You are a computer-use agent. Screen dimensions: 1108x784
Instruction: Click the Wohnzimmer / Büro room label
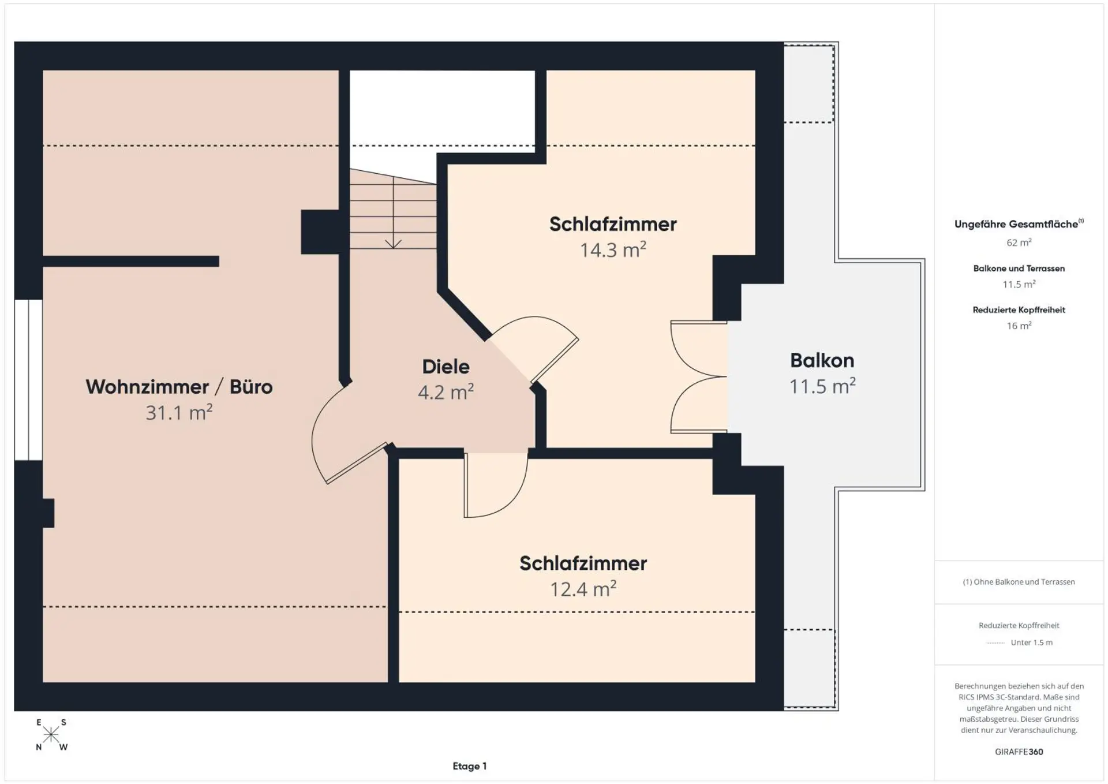[x=179, y=387]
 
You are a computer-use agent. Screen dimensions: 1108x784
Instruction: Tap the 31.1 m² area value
[x=179, y=412]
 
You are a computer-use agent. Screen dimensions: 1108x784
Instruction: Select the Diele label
[x=446, y=367]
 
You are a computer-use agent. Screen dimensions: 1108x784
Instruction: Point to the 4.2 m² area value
[x=446, y=392]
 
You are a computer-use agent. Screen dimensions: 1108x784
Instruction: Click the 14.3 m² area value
[x=613, y=249]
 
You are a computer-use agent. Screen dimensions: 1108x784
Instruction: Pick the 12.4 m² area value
[x=583, y=589]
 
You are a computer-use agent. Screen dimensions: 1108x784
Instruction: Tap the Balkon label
[x=822, y=360]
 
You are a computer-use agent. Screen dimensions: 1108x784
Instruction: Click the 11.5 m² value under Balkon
[x=822, y=386]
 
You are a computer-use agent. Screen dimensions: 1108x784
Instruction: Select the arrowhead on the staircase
[x=393, y=244]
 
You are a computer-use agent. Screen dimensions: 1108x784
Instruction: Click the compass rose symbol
[x=51, y=734]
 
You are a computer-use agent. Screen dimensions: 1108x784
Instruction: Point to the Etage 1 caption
[x=469, y=766]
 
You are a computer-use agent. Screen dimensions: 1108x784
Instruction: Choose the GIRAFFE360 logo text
[x=1019, y=752]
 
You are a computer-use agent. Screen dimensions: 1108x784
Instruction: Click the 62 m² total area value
[x=1019, y=242]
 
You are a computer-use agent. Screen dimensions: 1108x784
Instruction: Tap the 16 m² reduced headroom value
[x=1019, y=326]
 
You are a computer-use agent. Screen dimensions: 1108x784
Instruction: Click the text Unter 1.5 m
[x=1031, y=643]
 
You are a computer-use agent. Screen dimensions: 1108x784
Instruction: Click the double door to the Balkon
[x=699, y=377]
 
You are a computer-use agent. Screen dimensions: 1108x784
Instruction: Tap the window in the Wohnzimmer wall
[x=28, y=380]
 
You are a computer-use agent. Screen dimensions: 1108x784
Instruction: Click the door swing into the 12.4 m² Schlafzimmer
[x=496, y=485]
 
